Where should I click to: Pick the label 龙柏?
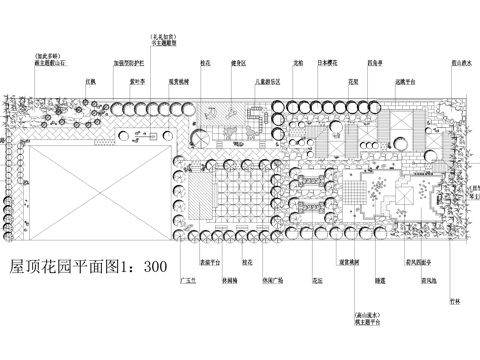[298, 62]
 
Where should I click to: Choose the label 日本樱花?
[328, 62]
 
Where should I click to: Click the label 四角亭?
[374, 62]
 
